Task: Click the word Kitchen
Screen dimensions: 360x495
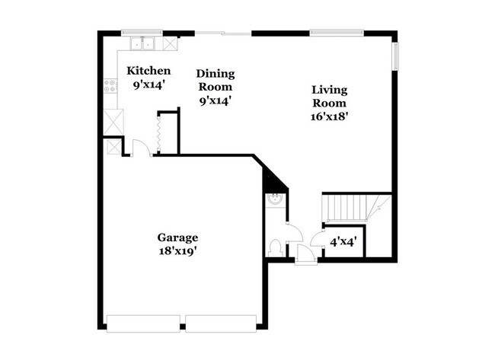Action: click(142, 70)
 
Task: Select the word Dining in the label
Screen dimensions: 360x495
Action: click(216, 74)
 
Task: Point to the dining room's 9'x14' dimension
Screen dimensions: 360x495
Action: click(215, 100)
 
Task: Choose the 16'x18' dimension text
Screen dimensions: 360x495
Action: click(330, 116)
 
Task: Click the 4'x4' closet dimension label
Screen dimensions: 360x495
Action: click(343, 243)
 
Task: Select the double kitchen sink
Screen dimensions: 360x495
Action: click(140, 43)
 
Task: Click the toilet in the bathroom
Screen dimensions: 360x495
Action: click(275, 246)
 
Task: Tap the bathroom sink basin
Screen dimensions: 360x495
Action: click(275, 201)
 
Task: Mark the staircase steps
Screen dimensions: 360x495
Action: click(346, 206)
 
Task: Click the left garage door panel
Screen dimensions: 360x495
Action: click(143, 323)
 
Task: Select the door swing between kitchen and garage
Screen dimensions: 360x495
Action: click(139, 147)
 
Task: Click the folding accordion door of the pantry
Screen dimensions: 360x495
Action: click(158, 134)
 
